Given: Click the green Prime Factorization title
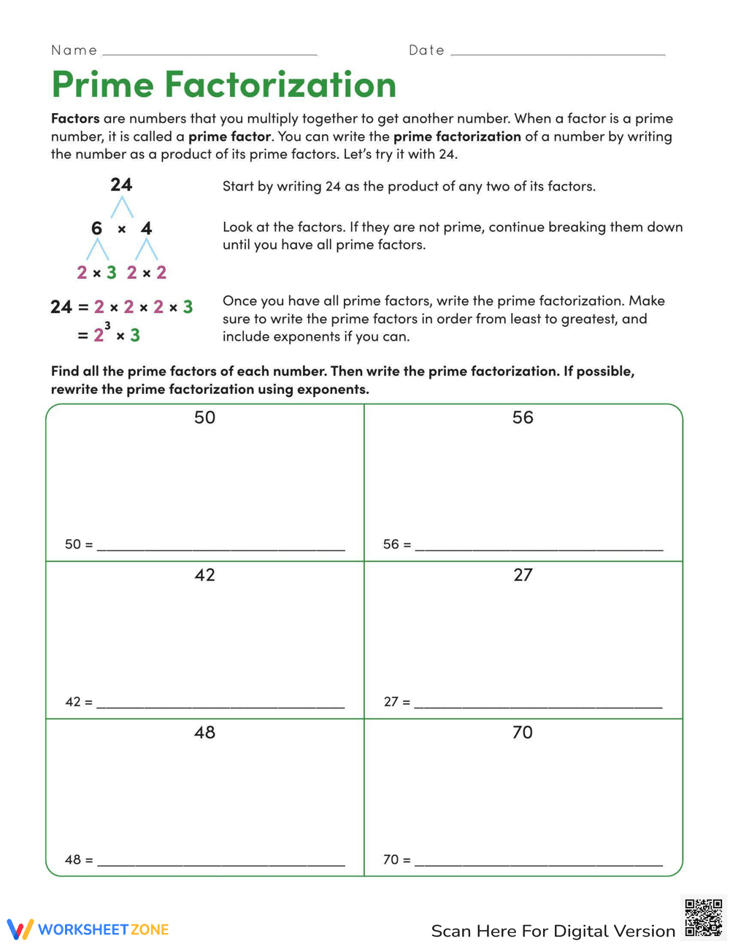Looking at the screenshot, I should click(223, 85).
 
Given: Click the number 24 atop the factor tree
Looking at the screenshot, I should click(121, 185).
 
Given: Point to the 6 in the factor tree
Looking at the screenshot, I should click(96, 228).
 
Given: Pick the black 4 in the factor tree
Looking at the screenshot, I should click(146, 228).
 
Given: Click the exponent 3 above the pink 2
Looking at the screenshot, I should click(108, 325).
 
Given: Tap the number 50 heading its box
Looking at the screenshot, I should click(204, 417).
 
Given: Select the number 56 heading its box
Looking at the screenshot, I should click(523, 417).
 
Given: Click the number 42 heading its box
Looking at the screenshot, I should click(204, 575).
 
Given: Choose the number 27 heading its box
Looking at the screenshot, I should click(523, 575).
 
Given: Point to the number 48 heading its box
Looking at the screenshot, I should click(204, 732).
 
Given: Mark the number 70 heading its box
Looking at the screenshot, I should click(523, 732).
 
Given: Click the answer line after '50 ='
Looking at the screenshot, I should click(220, 547).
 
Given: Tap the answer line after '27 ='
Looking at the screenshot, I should click(538, 705).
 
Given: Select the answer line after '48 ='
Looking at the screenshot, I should click(220, 862).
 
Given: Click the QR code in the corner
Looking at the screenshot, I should click(703, 918).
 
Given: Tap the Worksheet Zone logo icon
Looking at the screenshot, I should click(20, 929).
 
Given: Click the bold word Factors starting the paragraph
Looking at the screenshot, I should click(75, 118).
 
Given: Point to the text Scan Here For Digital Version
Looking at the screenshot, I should click(553, 931).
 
